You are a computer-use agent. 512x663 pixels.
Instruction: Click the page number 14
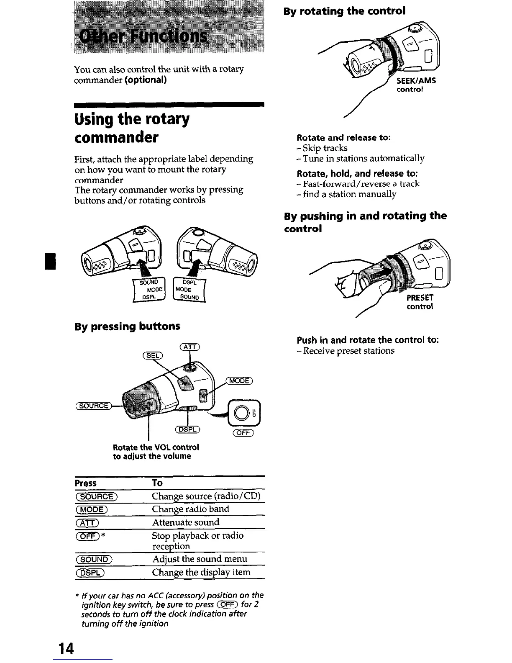click(x=66, y=648)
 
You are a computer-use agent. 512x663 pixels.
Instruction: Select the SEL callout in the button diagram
click(x=153, y=356)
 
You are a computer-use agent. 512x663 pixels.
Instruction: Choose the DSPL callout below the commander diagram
click(x=187, y=430)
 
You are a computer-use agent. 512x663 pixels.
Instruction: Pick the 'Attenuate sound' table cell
click(x=185, y=522)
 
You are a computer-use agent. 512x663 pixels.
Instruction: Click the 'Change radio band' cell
click(x=190, y=509)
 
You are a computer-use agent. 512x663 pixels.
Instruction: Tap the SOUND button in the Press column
click(x=94, y=559)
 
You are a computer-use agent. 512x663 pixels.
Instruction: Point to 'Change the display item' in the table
click(x=201, y=572)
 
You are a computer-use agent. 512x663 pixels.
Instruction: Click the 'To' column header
click(x=157, y=483)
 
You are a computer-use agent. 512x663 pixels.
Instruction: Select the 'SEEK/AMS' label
click(x=416, y=81)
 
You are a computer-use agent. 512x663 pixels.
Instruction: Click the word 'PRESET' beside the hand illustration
click(x=420, y=298)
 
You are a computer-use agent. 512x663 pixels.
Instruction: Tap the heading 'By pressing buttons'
click(x=127, y=326)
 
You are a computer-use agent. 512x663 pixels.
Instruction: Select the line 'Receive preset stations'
click(x=348, y=351)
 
